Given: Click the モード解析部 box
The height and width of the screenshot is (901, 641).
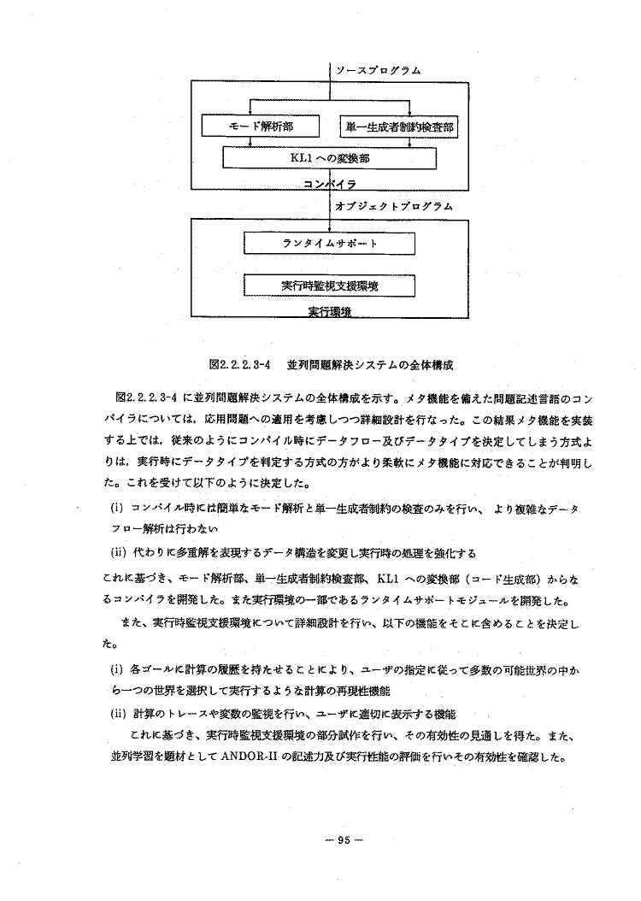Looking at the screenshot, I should tap(260, 127).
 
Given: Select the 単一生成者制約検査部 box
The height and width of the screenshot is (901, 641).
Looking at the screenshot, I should tap(398, 127).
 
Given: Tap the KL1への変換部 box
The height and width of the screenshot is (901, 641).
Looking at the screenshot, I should tap(329, 158).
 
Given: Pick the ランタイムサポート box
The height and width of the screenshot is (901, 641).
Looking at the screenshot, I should tap(329, 244).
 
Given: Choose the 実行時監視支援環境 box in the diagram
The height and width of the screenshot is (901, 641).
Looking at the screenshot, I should tap(329, 285).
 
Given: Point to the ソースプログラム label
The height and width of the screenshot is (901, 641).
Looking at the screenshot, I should tap(377, 70).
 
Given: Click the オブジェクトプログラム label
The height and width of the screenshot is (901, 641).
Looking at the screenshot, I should tap(394, 206).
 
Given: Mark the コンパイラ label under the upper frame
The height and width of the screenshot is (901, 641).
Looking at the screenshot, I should tap(329, 184).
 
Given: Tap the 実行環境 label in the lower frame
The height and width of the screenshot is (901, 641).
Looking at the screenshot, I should tap(329, 312).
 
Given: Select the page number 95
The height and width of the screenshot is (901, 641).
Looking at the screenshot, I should tap(344, 839).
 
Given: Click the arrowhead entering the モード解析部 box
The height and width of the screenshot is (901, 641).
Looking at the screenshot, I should tap(250, 113).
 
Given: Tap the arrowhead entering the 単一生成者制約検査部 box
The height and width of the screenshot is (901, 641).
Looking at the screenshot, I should tap(409, 113).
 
